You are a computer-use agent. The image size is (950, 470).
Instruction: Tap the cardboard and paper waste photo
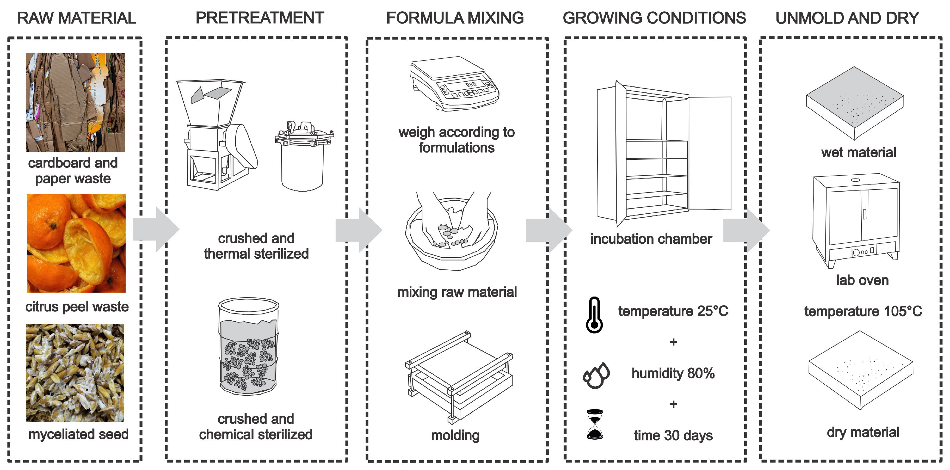coord(75,102)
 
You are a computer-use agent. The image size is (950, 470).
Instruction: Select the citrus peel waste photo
coord(76,243)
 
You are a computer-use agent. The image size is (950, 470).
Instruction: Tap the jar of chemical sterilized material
coord(248,347)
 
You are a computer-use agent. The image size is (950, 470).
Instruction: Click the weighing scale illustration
coord(454,84)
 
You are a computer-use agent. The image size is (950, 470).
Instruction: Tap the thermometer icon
coord(594,315)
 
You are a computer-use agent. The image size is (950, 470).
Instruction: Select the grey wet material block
coord(855,103)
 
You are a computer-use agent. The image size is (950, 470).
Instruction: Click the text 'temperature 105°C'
coord(863,311)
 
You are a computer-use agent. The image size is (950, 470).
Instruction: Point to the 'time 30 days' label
coord(673,435)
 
